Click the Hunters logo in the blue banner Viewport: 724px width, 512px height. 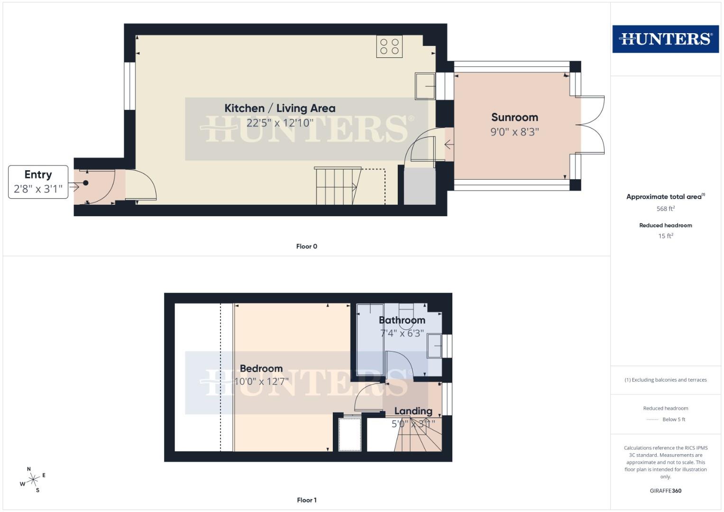[665, 39]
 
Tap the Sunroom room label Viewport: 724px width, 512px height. [514, 117]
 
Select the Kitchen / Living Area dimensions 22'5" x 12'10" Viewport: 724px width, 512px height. [280, 123]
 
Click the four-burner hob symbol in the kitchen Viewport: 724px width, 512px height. [389, 46]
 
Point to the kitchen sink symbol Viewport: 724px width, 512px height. [425, 86]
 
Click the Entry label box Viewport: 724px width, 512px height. [38, 182]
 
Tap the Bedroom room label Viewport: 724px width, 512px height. [261, 368]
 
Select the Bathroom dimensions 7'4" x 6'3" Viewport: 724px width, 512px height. [402, 333]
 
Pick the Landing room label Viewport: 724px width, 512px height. [413, 411]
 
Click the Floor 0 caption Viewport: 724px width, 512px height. [306, 247]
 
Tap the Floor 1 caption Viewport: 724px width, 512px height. [306, 500]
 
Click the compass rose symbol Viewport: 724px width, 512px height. [33, 480]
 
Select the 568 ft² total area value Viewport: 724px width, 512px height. [665, 209]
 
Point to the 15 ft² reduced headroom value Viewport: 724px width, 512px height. [665, 236]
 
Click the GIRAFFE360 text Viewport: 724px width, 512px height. [665, 491]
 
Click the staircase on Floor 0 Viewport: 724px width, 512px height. [337, 186]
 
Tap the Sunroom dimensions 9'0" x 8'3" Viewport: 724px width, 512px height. [514, 132]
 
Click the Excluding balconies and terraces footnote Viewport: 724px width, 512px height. [665, 380]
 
